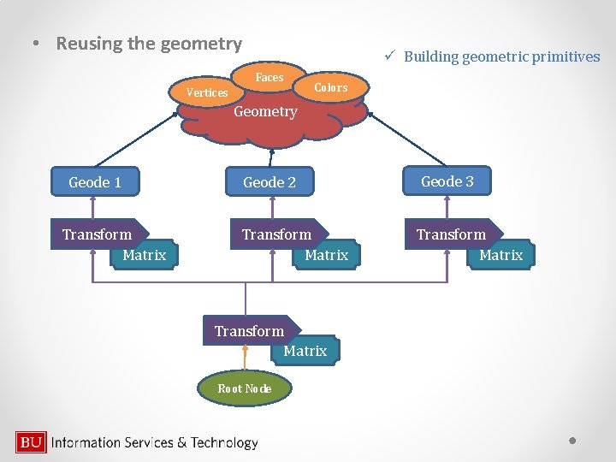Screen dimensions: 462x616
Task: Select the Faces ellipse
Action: point(269,77)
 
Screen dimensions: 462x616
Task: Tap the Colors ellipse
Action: point(330,87)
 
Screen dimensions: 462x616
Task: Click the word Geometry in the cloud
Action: point(265,111)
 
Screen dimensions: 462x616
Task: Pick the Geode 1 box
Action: point(95,182)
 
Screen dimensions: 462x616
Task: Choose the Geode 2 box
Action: point(269,182)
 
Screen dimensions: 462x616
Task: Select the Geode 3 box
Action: point(447,181)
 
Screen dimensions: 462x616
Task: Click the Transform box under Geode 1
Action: point(98,234)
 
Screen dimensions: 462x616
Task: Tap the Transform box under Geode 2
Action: point(276,234)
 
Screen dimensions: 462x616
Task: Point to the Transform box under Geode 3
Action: point(451,234)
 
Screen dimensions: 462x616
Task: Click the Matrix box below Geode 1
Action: point(144,255)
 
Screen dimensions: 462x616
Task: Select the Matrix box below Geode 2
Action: point(326,255)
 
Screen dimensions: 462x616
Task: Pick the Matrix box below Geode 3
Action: point(500,255)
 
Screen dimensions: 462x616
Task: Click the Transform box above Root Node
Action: point(249,331)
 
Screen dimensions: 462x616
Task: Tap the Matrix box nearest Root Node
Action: point(305,351)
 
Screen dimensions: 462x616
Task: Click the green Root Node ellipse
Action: point(245,388)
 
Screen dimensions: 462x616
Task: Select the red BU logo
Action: point(31,442)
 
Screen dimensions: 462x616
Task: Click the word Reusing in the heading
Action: point(89,44)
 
